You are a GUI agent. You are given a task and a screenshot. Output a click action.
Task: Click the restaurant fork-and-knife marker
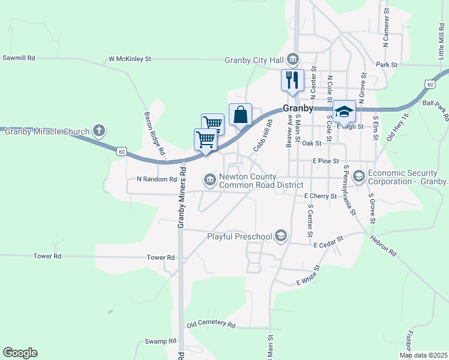click(x=293, y=80)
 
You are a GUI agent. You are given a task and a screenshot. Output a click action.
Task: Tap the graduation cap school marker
click(x=344, y=111)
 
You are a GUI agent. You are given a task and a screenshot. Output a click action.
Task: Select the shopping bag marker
click(x=240, y=114)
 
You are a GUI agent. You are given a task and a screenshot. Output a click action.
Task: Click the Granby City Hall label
click(x=255, y=59)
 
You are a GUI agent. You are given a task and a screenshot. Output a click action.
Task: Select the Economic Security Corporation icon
click(x=359, y=176)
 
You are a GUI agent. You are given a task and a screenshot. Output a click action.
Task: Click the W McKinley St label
click(x=130, y=59)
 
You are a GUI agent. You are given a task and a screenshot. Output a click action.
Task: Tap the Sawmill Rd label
click(x=19, y=58)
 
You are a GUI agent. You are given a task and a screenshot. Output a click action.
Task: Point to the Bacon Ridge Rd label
click(x=154, y=134)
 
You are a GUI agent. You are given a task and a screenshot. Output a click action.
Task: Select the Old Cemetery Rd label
click(x=211, y=324)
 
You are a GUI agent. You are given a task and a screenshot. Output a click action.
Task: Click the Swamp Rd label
click(x=161, y=341)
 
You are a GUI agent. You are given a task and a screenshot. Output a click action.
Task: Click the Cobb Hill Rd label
click(x=263, y=134)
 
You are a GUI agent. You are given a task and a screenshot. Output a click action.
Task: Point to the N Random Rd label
click(x=157, y=179)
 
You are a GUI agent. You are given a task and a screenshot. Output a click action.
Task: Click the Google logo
click(x=20, y=353)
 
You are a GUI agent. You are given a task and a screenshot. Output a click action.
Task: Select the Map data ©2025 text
click(x=423, y=355)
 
